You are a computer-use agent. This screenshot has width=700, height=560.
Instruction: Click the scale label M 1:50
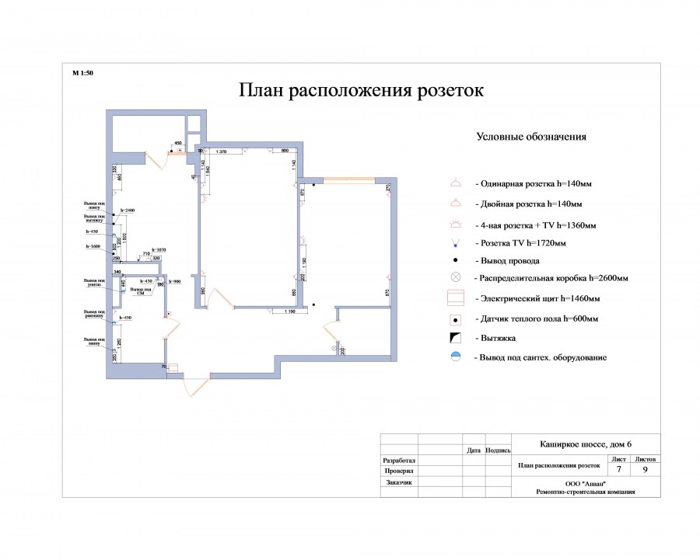coord(82,73)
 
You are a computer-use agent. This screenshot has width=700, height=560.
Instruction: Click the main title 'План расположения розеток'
coord(361,91)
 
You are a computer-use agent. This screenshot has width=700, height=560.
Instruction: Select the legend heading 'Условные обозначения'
coord(530,137)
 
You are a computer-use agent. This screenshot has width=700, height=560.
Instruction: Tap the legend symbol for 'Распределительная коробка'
coord(456,277)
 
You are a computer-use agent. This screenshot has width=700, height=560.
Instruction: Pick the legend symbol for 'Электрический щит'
coord(457,298)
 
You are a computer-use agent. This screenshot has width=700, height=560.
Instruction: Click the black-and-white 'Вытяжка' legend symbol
coord(457,338)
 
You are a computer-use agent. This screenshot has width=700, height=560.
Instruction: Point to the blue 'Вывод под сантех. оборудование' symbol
coord(457,357)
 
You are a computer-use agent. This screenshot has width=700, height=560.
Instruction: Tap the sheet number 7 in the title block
coord(618,469)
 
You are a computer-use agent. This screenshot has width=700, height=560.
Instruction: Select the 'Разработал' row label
coord(399,461)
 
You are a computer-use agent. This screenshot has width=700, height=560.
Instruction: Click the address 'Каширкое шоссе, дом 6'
coord(586,444)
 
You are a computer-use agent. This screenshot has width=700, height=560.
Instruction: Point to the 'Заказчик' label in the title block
coord(399,482)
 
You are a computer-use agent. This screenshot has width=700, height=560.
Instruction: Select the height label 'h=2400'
coord(128,210)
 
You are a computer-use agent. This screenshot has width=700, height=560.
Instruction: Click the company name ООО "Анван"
coord(586,483)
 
